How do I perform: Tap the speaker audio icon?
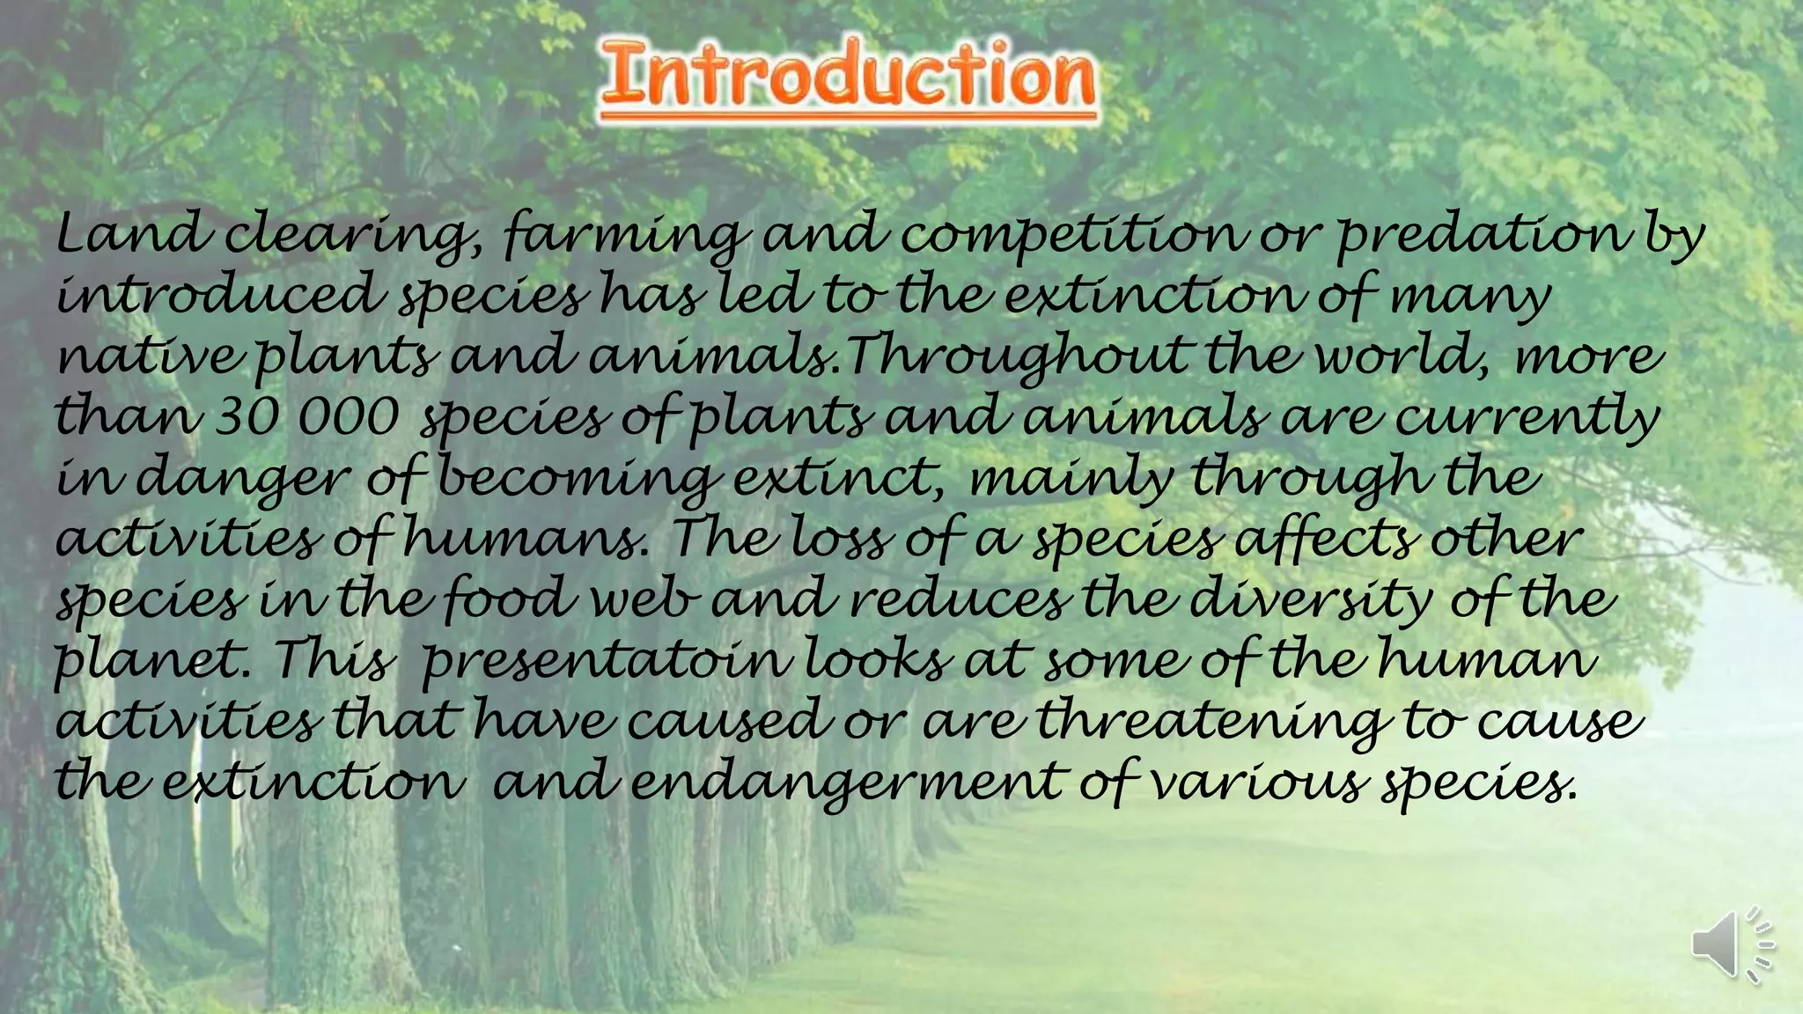(1731, 945)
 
